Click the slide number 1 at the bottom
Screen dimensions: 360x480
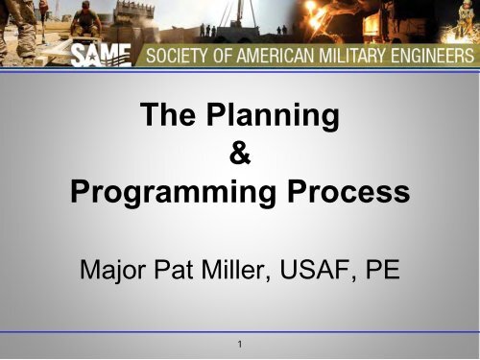(x=240, y=343)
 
